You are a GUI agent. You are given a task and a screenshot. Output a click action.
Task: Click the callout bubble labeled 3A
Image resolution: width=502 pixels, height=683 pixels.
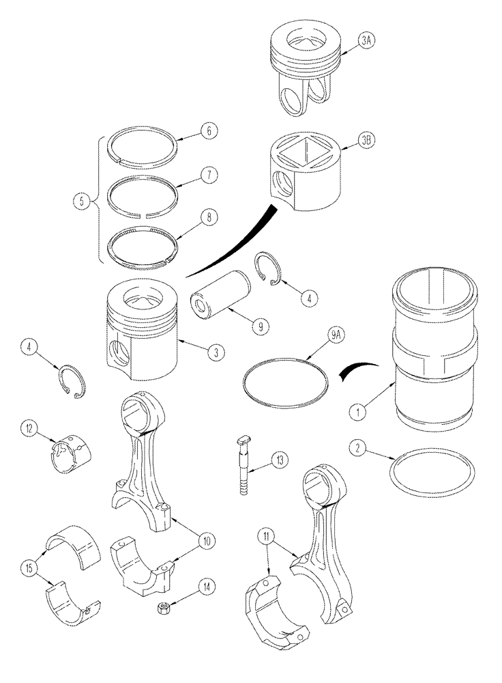pyautogui.click(x=366, y=40)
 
